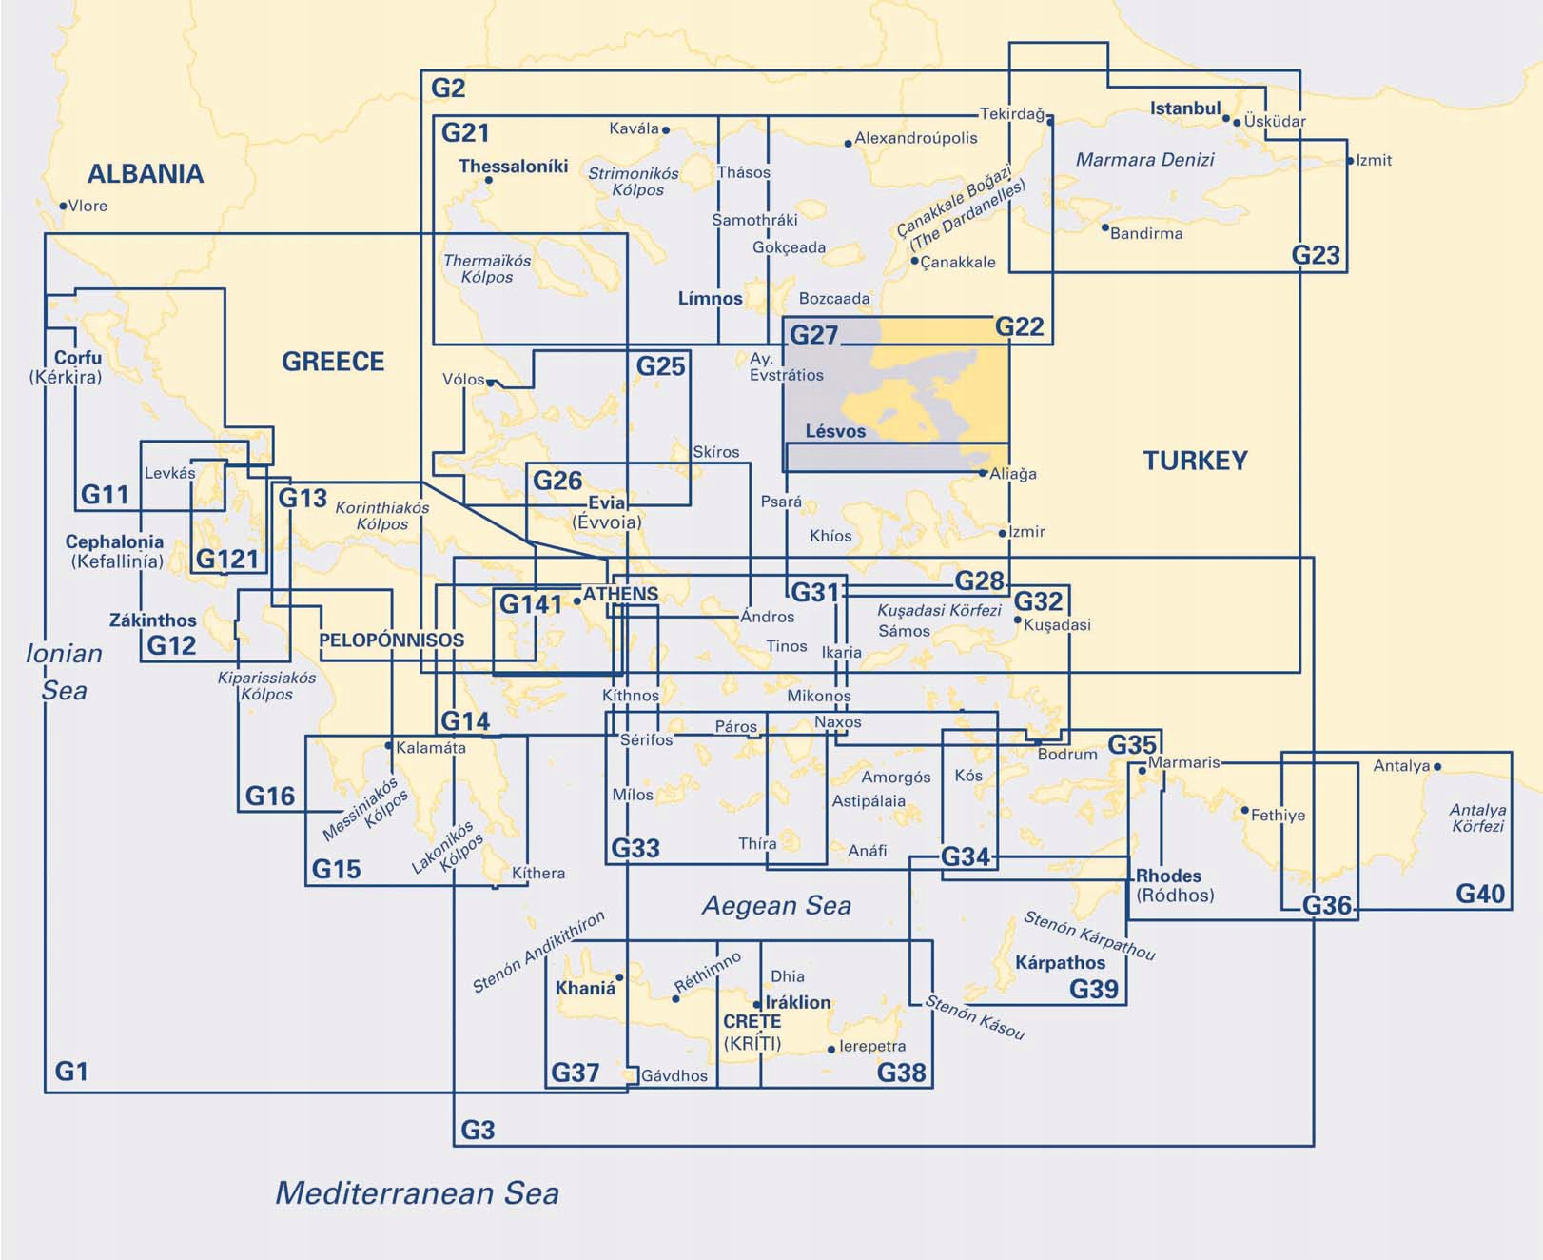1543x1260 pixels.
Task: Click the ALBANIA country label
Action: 146,173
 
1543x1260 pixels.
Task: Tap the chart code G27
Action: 813,335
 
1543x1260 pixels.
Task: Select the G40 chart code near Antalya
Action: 1480,893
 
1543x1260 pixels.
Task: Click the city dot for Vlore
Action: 63,206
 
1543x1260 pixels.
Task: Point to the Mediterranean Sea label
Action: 417,1192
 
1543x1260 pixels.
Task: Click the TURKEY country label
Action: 1195,461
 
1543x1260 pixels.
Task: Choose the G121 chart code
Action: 227,559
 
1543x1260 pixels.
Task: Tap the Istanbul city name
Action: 1184,108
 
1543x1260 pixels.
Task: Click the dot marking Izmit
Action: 1350,161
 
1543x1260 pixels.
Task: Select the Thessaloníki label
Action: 513,166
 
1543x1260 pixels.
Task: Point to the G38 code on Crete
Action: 901,1073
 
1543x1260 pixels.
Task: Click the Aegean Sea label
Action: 776,905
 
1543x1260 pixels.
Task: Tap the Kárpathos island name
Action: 1060,962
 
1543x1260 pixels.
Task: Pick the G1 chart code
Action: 71,1072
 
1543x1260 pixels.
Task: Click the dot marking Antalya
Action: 1437,766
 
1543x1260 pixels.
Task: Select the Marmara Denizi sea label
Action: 1144,160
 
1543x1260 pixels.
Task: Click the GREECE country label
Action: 333,362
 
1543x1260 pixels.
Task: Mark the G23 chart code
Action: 1316,255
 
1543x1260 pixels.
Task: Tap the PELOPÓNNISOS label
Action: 391,640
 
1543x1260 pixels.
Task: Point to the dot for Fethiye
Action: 1244,811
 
